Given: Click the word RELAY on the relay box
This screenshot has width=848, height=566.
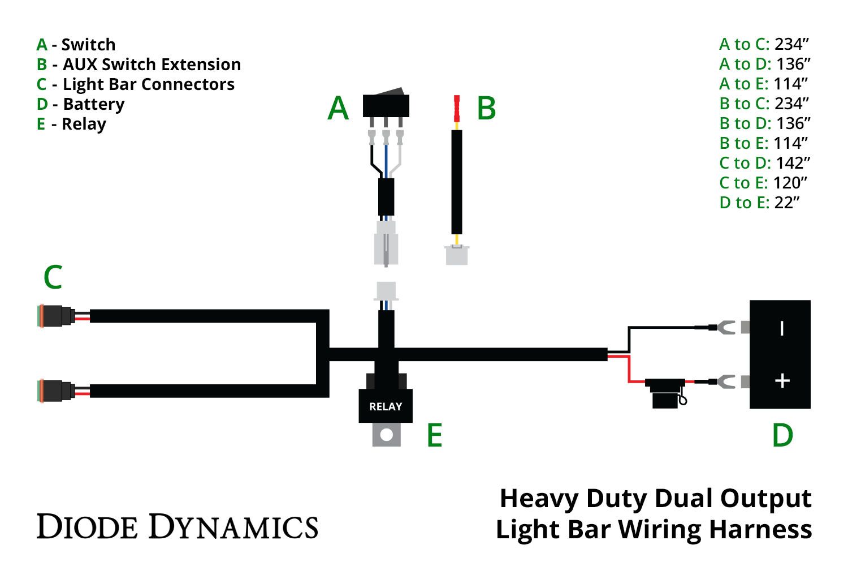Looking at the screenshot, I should pyautogui.click(x=386, y=406).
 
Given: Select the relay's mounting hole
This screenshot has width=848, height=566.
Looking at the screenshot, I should pyautogui.click(x=387, y=435).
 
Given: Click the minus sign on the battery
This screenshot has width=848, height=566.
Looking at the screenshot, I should pyautogui.click(x=782, y=328).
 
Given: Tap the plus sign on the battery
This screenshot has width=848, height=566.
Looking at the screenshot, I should pyautogui.click(x=782, y=381).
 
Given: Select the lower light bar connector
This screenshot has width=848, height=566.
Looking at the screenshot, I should pyautogui.click(x=55, y=391).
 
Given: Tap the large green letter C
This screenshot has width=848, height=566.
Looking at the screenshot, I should pyautogui.click(x=53, y=278).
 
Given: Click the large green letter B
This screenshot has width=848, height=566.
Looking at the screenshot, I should pyautogui.click(x=486, y=108).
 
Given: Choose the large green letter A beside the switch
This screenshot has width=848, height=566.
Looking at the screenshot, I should pyautogui.click(x=338, y=108).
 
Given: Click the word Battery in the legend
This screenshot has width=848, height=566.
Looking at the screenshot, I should pyautogui.click(x=94, y=104).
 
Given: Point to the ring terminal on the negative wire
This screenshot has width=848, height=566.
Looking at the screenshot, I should pyautogui.click(x=724, y=327).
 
